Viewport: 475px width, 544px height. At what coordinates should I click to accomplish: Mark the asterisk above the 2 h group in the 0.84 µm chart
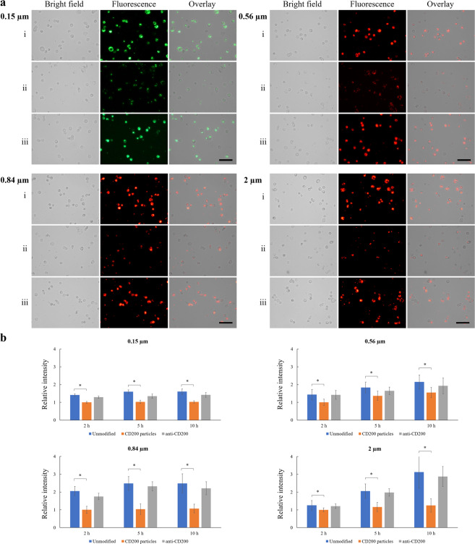pos(80,478)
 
